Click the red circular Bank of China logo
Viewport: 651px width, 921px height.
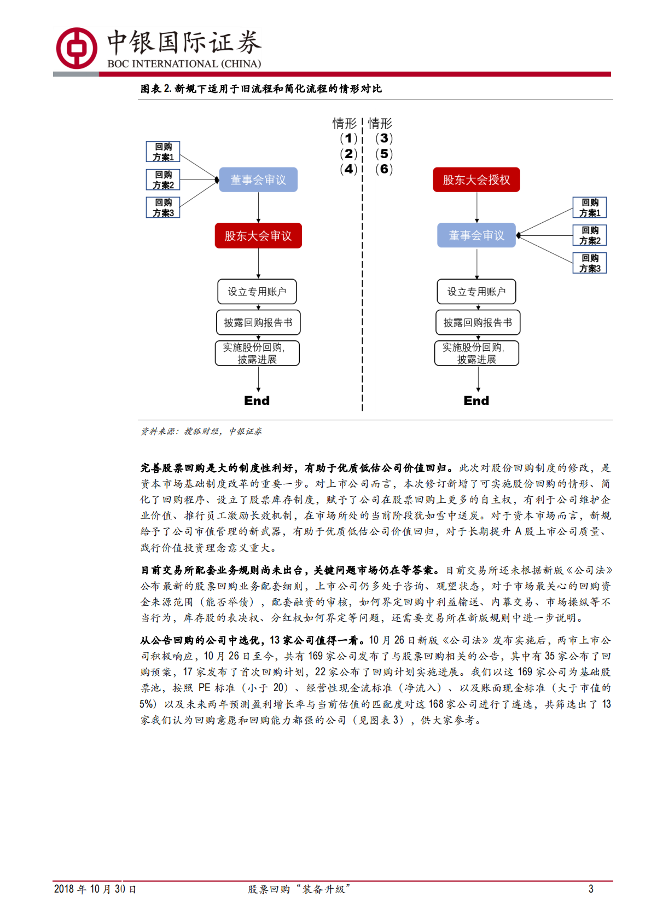point(77,48)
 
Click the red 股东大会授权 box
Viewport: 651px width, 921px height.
point(476,180)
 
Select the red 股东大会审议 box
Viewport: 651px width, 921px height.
point(258,236)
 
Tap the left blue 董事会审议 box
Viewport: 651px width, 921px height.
point(258,180)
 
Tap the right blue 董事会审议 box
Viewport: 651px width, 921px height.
point(476,235)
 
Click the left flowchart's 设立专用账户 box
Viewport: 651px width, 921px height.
point(257,292)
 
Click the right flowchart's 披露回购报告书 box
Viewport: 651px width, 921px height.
point(477,322)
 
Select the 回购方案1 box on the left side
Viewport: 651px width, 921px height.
point(163,152)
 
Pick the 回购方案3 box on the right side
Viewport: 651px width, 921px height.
point(590,263)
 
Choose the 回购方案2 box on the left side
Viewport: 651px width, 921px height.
point(163,179)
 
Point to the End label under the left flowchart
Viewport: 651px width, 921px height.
point(257,401)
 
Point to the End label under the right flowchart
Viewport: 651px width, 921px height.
point(476,401)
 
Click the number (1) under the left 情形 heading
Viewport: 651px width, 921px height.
point(348,138)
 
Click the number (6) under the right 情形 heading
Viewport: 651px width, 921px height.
point(384,169)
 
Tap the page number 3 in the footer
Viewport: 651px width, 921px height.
point(591,889)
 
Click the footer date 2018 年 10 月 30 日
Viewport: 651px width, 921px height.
point(95,889)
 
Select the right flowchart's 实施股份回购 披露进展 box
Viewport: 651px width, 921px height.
point(476,353)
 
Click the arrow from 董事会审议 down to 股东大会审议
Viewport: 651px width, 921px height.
point(258,207)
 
